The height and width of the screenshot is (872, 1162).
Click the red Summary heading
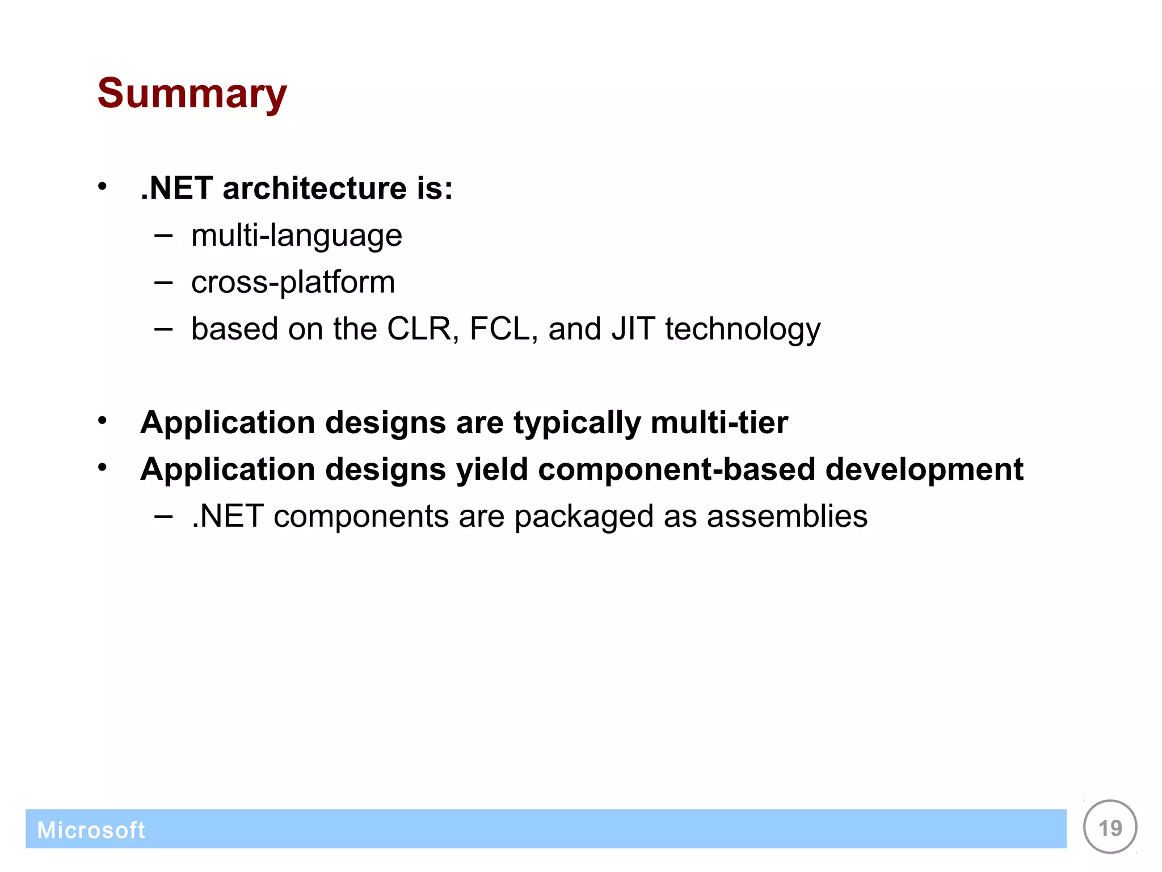(x=192, y=94)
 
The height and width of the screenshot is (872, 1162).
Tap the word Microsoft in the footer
(x=91, y=830)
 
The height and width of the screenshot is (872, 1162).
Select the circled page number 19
(x=1109, y=827)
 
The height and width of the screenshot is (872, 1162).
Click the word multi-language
(x=296, y=236)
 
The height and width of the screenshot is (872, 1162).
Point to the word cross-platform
(x=293, y=282)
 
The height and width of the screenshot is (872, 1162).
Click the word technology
(x=742, y=330)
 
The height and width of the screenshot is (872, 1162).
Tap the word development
(x=924, y=470)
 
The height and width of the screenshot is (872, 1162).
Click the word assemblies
(x=787, y=516)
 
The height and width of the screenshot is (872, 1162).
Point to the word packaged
(x=584, y=517)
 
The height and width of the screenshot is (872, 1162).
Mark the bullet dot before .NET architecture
(x=102, y=186)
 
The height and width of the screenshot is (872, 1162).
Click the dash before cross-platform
(x=163, y=282)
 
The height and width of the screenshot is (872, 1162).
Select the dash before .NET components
(x=163, y=516)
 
